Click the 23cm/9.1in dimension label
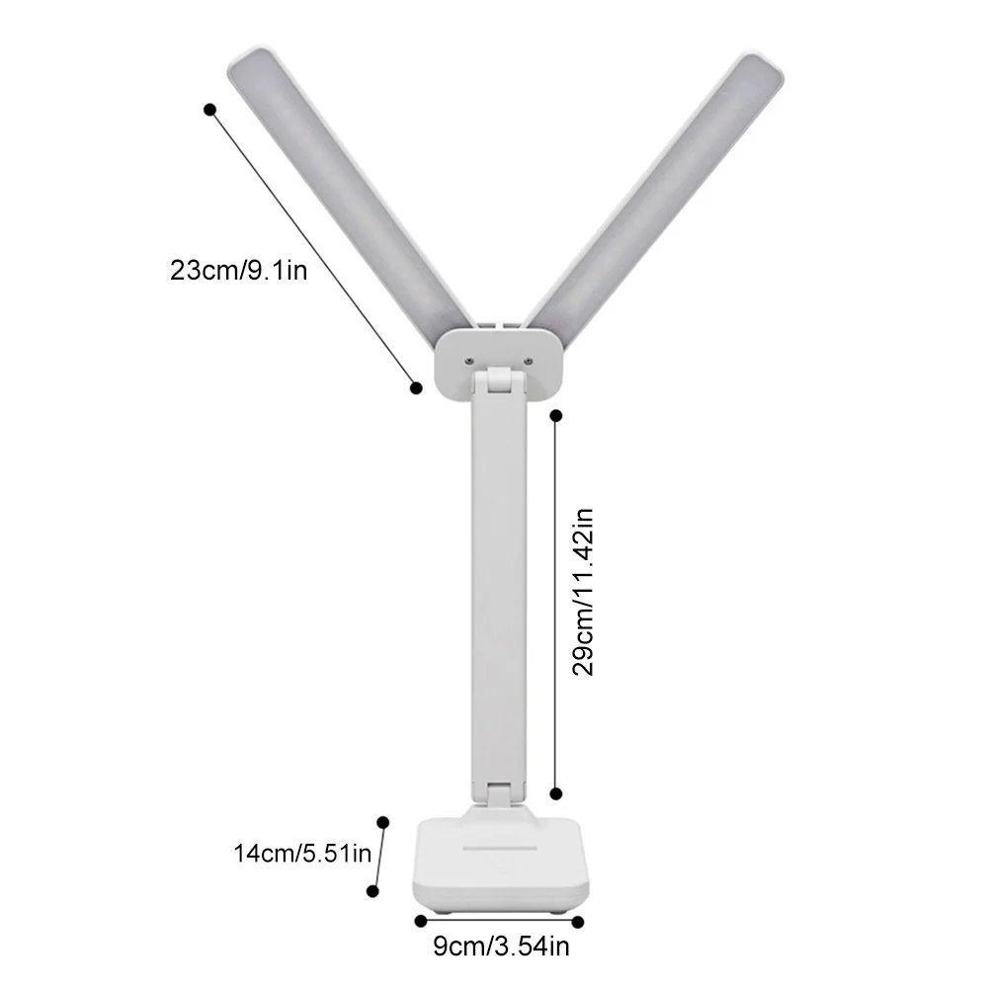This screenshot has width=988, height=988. [238, 270]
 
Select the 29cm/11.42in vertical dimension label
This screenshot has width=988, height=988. [584, 591]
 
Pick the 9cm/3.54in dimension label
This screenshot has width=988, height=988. [502, 948]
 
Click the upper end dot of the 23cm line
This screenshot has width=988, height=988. [209, 110]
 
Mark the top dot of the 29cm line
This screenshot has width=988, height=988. [555, 415]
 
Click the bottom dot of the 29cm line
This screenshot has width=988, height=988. [555, 792]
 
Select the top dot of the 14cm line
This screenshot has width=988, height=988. [383, 821]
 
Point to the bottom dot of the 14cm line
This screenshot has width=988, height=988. [372, 890]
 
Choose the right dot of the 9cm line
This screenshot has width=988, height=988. [578, 921]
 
